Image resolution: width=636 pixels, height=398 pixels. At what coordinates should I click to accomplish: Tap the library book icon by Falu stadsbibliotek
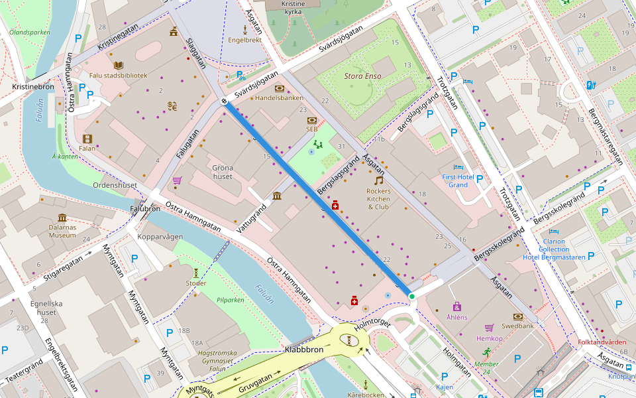[x=118, y=65]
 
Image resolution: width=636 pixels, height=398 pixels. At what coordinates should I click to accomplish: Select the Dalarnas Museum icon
[x=62, y=218]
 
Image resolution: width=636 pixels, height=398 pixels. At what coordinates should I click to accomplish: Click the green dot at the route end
[x=411, y=297]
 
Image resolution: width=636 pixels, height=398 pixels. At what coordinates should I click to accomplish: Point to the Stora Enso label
[x=362, y=76]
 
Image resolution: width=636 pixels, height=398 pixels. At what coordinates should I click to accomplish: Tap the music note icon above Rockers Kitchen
[x=378, y=180]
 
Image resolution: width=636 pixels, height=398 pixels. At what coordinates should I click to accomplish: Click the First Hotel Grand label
[x=458, y=181]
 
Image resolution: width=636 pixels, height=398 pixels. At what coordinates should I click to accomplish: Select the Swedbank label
[x=517, y=327]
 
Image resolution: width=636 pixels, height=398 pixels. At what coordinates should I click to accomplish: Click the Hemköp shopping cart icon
[x=489, y=328]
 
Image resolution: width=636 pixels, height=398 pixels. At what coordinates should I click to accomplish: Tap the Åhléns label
[x=456, y=317]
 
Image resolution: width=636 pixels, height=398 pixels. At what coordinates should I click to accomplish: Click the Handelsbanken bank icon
[x=279, y=88]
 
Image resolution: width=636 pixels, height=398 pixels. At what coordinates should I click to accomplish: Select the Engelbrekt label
[x=244, y=40]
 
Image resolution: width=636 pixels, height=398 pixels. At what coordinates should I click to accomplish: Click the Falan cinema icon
[x=87, y=139]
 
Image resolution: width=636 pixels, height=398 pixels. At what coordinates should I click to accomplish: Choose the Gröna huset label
[x=222, y=172]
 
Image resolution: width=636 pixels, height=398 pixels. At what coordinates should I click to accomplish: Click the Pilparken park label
[x=231, y=300]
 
